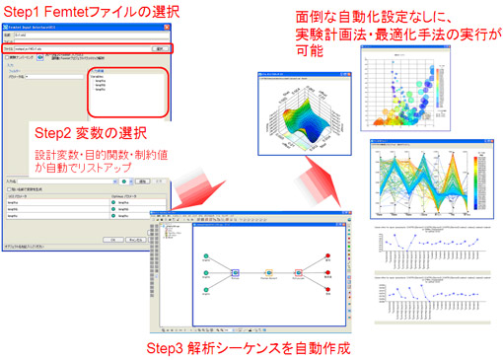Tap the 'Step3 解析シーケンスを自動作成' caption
pos(246,348)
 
